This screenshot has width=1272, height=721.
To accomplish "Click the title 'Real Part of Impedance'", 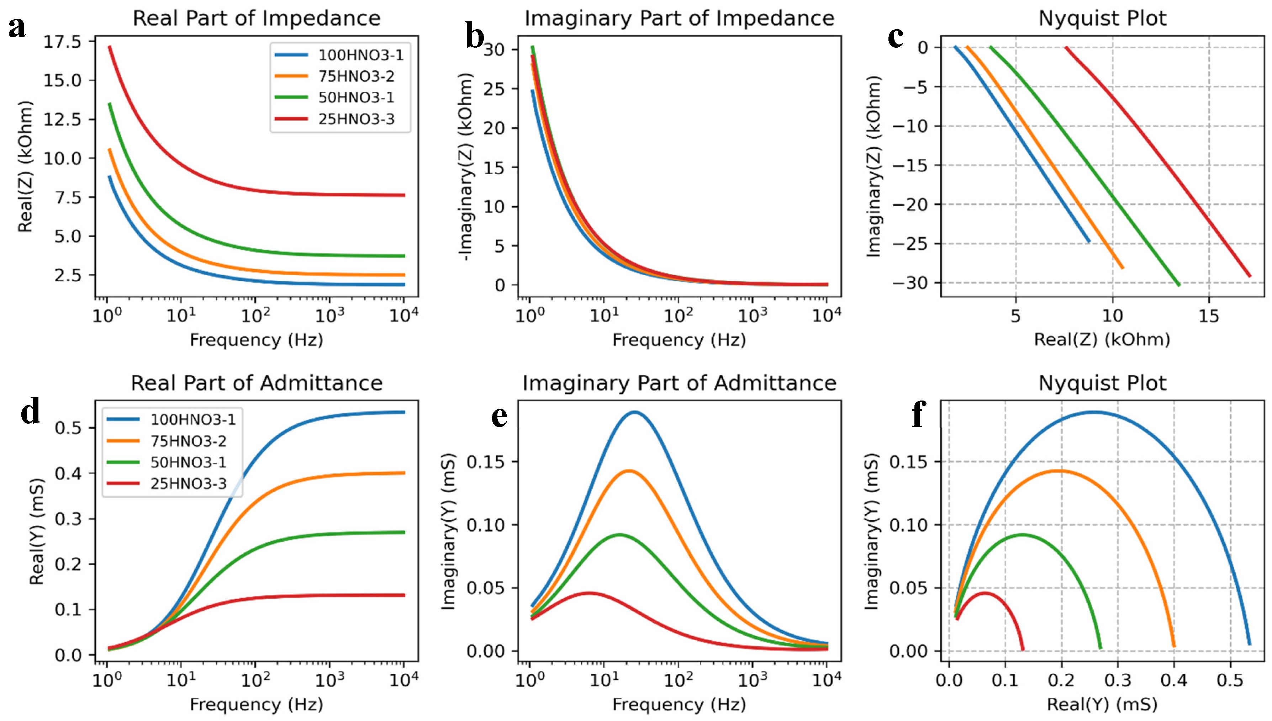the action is click(x=257, y=18).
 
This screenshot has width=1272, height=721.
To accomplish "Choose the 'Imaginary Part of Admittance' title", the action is click(x=679, y=383).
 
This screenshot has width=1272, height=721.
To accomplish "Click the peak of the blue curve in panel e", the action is click(x=634, y=412).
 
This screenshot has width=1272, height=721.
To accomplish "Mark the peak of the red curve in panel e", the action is click(x=589, y=593).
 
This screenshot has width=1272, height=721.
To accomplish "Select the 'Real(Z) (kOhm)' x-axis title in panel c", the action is click(x=1102, y=340).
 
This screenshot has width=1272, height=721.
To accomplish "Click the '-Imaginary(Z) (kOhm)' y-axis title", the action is click(x=466, y=166).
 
